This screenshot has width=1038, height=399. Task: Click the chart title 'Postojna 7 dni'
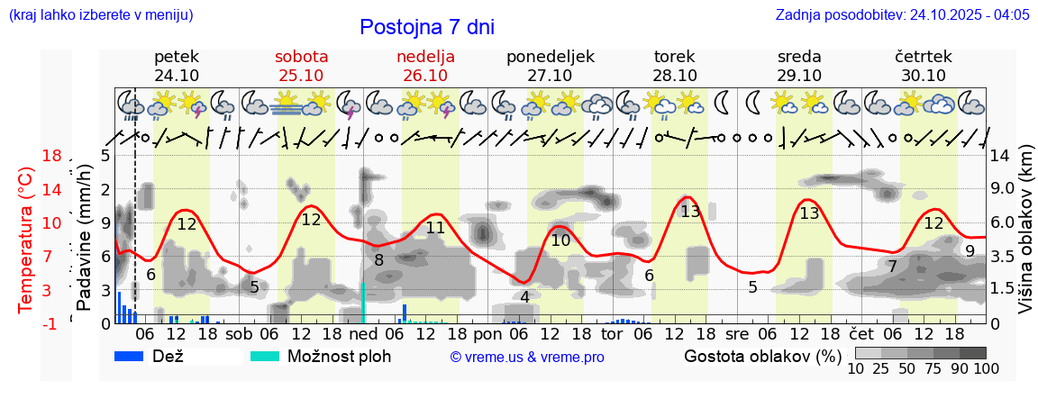(x=427, y=27)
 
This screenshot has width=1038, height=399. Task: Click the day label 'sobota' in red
(x=301, y=57)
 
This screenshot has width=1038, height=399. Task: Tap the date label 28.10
(x=675, y=76)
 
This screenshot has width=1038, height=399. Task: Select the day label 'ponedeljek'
(x=551, y=57)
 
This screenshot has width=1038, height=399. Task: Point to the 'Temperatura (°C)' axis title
(x=26, y=239)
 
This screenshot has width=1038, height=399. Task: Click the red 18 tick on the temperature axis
(x=51, y=156)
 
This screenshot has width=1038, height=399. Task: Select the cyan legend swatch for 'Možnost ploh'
(x=266, y=356)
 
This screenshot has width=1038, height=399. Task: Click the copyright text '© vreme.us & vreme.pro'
(x=527, y=357)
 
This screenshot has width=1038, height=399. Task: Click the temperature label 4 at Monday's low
(x=524, y=296)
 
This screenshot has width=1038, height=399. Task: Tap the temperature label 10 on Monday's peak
(x=560, y=240)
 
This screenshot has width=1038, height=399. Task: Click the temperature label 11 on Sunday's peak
(x=435, y=228)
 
